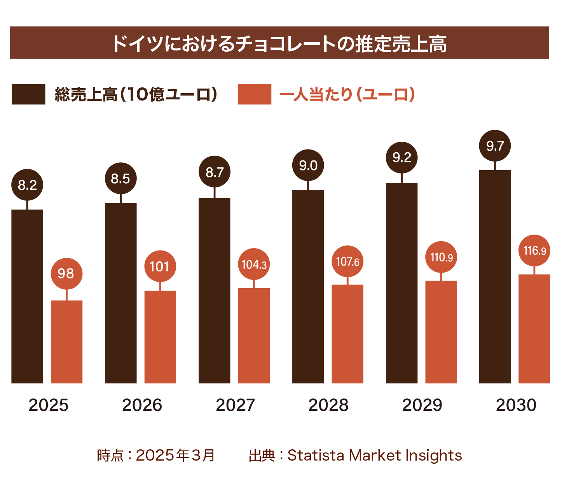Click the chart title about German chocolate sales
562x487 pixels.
coord(279,43)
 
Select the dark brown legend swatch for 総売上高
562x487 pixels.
coord(28,94)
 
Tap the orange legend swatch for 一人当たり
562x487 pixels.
coord(254,94)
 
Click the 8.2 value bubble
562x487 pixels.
coord(27,185)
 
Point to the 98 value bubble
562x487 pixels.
coord(66,273)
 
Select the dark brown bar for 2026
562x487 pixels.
coord(120,293)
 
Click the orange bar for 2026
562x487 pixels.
coord(160,337)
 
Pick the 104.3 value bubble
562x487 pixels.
coord(254,264)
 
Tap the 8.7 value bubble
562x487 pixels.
coord(214,172)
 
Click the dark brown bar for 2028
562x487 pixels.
coord(308,286)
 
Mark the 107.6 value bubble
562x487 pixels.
coord(347,261)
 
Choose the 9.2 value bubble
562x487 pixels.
coord(401,157)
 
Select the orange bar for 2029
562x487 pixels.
coord(441,332)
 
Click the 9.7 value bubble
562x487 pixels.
coord(495,146)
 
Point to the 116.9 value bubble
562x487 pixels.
coord(534,250)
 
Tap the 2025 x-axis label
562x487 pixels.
coord(49,405)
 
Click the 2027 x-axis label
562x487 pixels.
coord(235,405)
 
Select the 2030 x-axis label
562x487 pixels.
coord(516,405)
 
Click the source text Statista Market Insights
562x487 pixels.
coord(374,455)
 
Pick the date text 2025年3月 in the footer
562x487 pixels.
coord(175,455)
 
